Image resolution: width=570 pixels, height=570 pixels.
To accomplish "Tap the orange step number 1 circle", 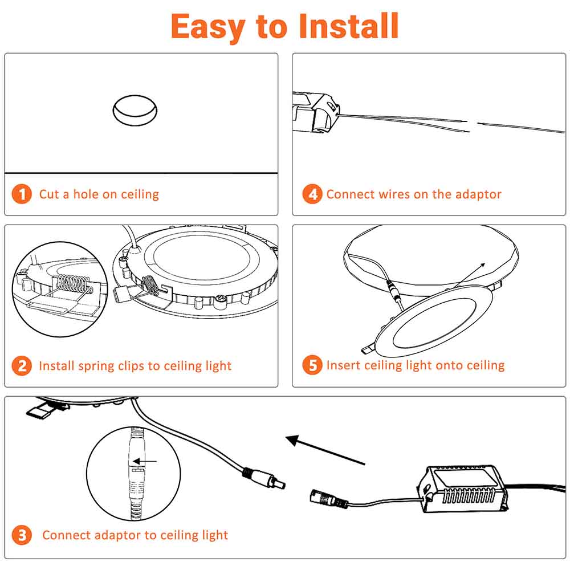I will pos(22,194).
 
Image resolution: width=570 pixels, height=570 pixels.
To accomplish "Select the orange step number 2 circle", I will pos(22,365).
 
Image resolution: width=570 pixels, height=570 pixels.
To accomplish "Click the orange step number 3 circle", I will pos(22,535).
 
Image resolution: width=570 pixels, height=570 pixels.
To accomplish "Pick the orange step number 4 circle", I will pos(312,194).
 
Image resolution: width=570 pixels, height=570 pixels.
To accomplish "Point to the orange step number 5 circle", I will pos(312,365).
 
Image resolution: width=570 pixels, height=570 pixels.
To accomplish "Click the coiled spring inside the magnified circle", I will pos(73,283).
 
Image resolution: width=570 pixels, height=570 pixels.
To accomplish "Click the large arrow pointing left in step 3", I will pos(325,450).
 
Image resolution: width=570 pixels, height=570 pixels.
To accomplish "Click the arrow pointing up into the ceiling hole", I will pos(469,276).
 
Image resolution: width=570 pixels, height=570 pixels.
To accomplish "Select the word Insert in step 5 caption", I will pos(343,365).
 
